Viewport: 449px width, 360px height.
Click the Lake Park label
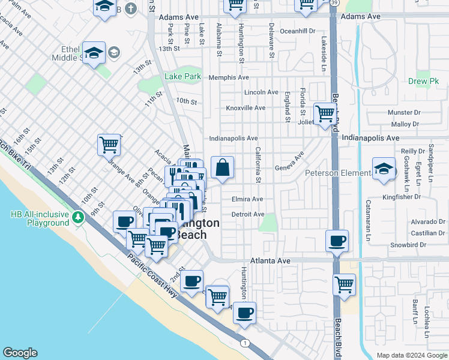(183, 77)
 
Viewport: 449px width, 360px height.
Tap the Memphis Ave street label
(228, 78)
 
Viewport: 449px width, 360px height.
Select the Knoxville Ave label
(245, 108)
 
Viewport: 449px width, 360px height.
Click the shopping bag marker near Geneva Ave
(222, 169)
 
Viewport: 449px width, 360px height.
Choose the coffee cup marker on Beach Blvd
(337, 241)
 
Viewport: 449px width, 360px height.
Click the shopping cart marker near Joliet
(325, 113)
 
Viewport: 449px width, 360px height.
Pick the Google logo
(20, 353)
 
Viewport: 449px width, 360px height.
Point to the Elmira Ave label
(247, 199)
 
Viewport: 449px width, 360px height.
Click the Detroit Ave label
(248, 214)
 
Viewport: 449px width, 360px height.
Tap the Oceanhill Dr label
(297, 31)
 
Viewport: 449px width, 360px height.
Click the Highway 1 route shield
(245, 343)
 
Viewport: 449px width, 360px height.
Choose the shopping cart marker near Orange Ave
(109, 144)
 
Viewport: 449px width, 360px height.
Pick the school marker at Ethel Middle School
(94, 53)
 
